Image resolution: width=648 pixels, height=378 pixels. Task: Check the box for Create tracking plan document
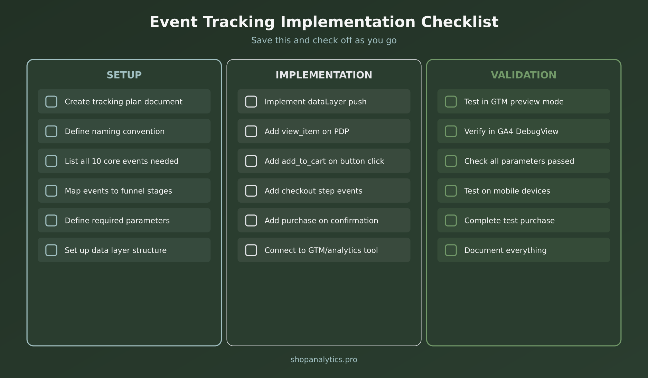(x=51, y=102)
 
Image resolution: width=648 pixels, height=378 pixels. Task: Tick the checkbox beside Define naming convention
(x=51, y=131)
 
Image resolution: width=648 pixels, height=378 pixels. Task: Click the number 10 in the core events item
(x=96, y=161)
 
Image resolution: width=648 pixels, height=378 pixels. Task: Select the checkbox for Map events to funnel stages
(x=51, y=191)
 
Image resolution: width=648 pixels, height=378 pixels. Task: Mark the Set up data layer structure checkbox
(x=51, y=250)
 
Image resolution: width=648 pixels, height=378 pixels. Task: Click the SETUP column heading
(x=124, y=75)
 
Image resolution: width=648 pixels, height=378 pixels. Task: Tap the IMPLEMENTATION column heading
(x=324, y=75)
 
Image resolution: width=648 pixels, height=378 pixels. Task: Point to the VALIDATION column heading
(x=524, y=75)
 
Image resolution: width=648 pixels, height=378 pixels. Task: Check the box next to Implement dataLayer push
(x=251, y=102)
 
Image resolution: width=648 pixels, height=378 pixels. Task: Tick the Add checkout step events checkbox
(x=251, y=191)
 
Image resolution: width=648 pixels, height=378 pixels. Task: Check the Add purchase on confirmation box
(x=251, y=221)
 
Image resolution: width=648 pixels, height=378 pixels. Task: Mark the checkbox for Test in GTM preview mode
(x=451, y=102)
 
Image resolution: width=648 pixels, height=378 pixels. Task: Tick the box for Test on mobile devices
(x=451, y=191)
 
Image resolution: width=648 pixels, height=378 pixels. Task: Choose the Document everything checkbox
(x=451, y=250)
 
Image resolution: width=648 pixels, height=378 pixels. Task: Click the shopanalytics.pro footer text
(x=324, y=360)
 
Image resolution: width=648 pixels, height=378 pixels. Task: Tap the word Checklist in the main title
(x=460, y=22)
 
